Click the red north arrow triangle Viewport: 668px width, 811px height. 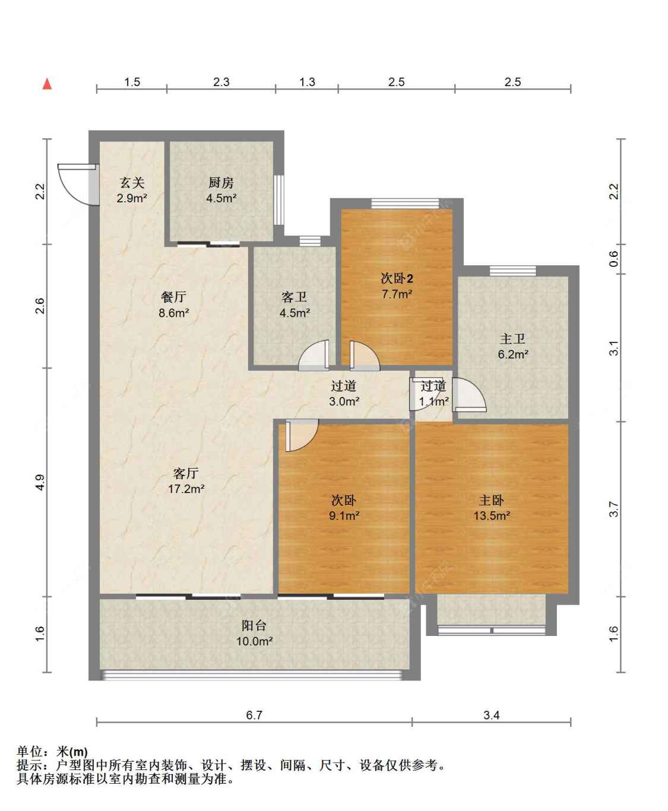pos(47,84)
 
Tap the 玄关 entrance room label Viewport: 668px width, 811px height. pos(132,182)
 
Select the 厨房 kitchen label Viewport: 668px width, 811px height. pos(221,182)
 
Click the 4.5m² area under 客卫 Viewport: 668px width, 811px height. pos(295,313)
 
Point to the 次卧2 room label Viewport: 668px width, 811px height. pos(397,278)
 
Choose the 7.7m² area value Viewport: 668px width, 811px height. pos(397,294)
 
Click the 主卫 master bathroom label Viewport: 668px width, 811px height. pos(512,338)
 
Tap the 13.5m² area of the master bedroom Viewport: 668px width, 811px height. pos(492,516)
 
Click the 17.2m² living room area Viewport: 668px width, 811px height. pos(186,489)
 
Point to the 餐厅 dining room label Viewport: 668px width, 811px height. pos(173,297)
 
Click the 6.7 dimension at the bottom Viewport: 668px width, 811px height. pos(254,715)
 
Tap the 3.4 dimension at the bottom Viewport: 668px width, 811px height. pos(492,715)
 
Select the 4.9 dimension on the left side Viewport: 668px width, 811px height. pos(40,482)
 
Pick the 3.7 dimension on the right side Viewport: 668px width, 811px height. pos(614,509)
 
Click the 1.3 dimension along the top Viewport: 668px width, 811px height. pos(307,82)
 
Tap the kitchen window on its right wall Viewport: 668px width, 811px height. pos(278,200)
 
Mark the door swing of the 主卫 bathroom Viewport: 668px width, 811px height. pos(468,395)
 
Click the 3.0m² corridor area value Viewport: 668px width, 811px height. pos(344,401)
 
